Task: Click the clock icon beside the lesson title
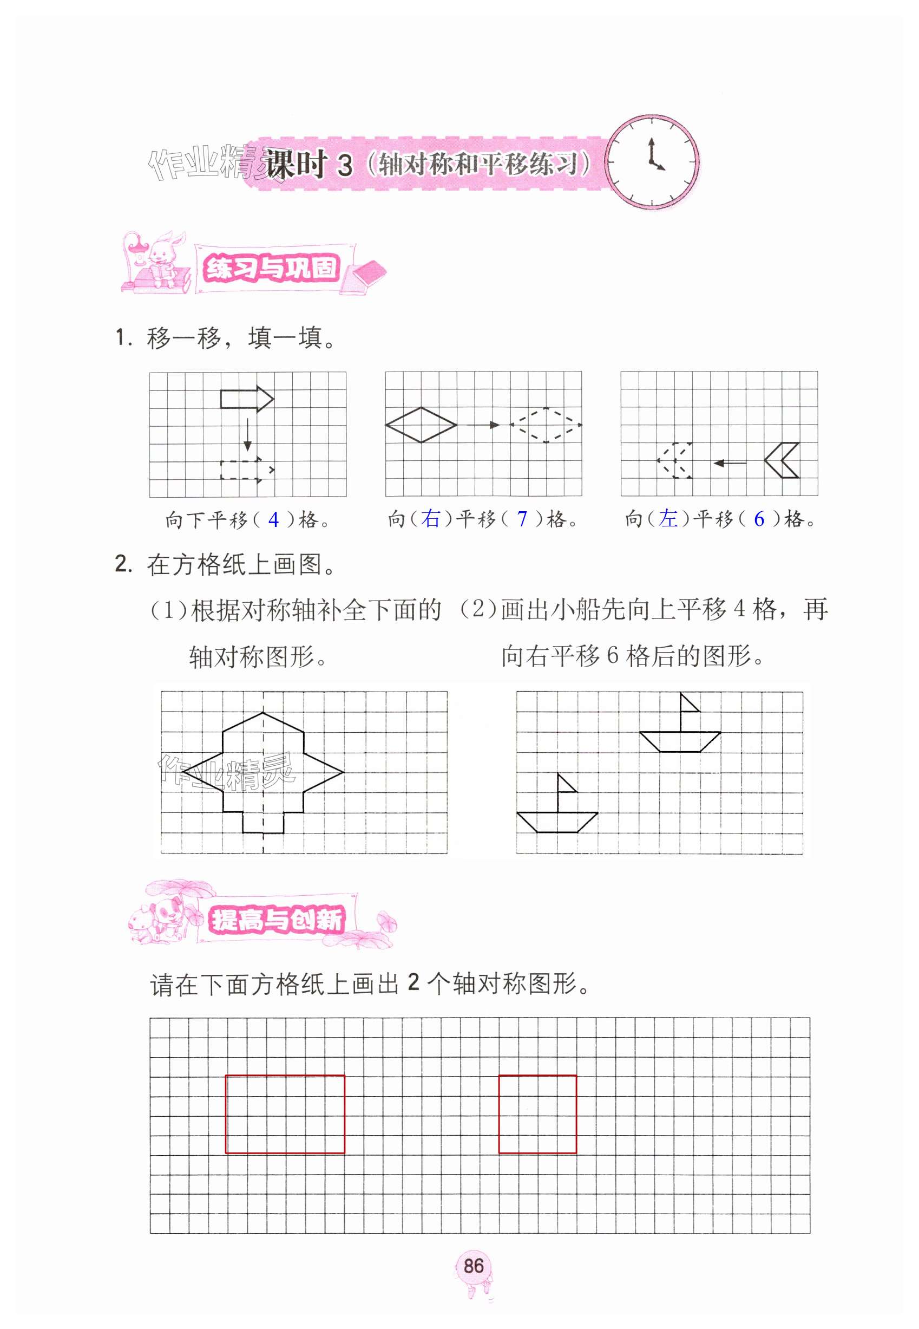point(652,161)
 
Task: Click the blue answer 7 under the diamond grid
point(522,518)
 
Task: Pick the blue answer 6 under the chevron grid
point(759,518)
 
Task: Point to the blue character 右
point(430,518)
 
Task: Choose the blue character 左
point(668,518)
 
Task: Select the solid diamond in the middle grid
point(421,425)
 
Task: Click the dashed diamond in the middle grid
point(546,425)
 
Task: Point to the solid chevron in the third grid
point(782,460)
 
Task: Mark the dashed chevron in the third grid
point(675,460)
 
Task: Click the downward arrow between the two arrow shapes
point(247,435)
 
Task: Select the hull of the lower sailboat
point(557,822)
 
